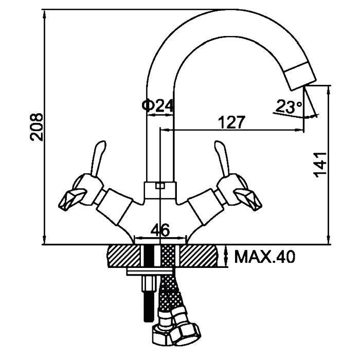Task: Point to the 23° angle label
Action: (289, 106)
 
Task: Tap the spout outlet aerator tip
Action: (300, 75)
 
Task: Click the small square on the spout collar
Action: (159, 186)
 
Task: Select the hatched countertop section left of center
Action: (123, 256)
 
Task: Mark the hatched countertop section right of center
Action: (201, 256)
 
